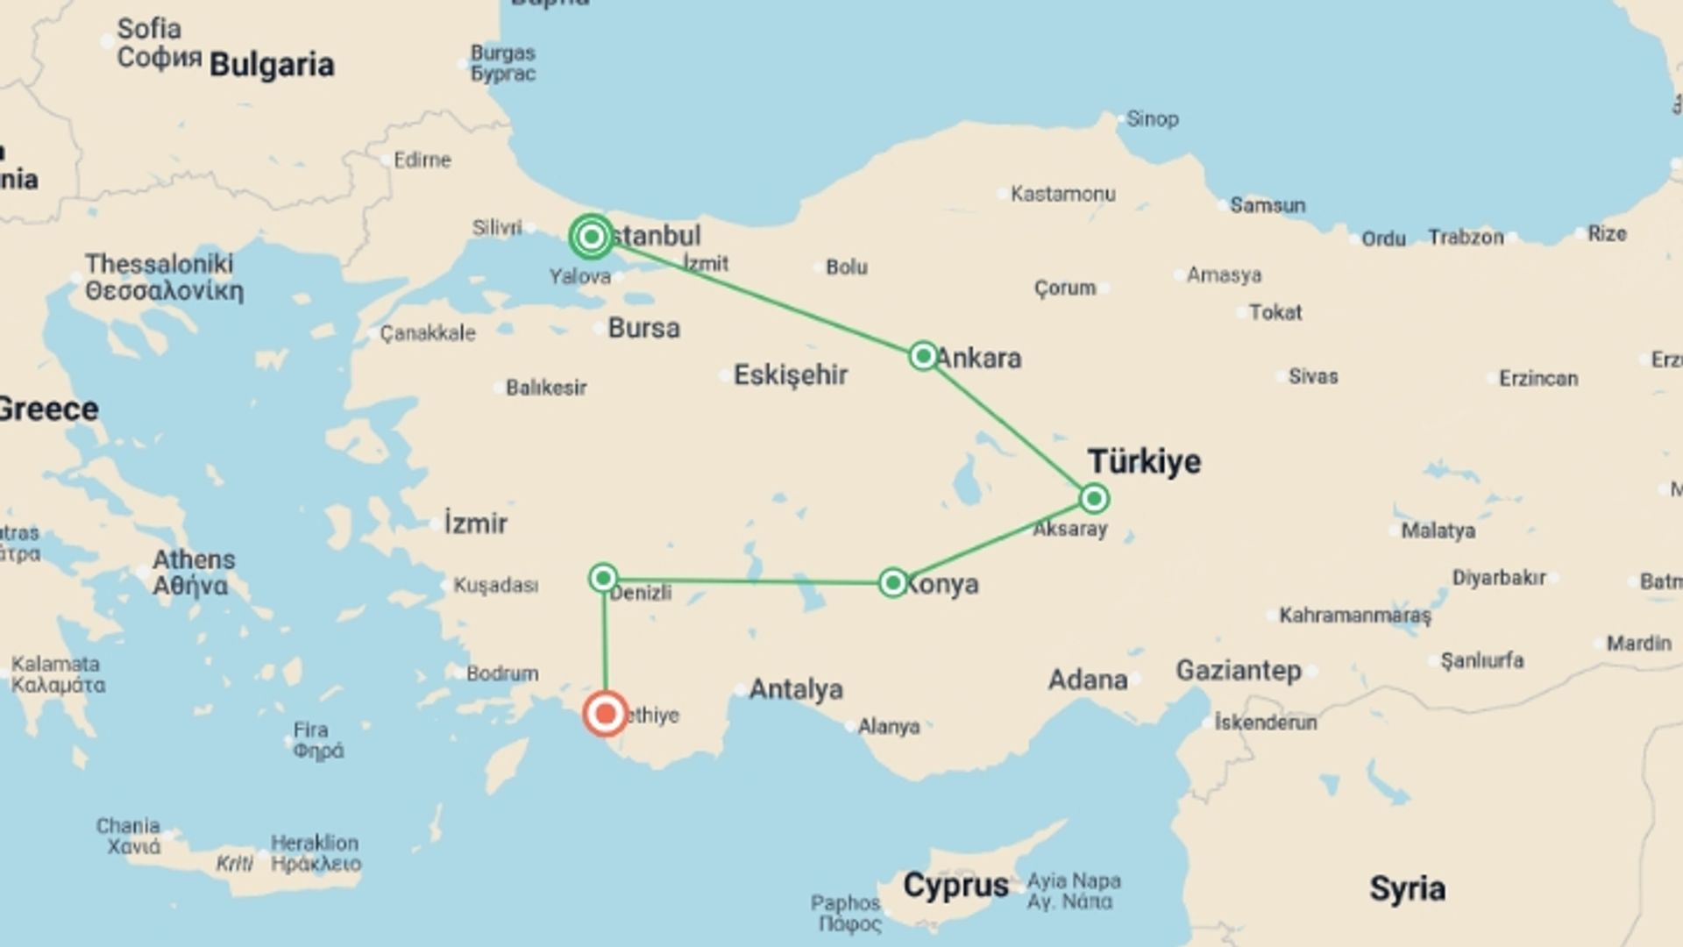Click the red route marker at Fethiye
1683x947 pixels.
tap(605, 714)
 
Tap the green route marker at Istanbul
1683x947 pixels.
tap(592, 237)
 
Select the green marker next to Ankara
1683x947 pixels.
tap(923, 356)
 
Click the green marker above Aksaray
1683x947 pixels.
tap(1094, 499)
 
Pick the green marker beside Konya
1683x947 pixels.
tap(892, 583)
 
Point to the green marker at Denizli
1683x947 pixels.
tap(603, 578)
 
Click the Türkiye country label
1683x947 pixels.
tap(1144, 461)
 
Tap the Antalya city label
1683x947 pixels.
tap(796, 689)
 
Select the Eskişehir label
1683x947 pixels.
tap(791, 375)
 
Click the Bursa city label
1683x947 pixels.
tap(644, 328)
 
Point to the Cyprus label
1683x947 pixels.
tap(955, 886)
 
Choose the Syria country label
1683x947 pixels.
tap(1407, 888)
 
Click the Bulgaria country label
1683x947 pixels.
tap(272, 65)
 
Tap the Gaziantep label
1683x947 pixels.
tap(1239, 671)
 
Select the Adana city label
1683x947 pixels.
tap(1088, 680)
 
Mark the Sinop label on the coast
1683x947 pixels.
tap(1152, 118)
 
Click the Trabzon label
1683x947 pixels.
tap(1466, 237)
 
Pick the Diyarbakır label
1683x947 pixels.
tap(1499, 578)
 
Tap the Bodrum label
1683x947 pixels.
tap(502, 673)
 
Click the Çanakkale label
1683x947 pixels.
tap(429, 333)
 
